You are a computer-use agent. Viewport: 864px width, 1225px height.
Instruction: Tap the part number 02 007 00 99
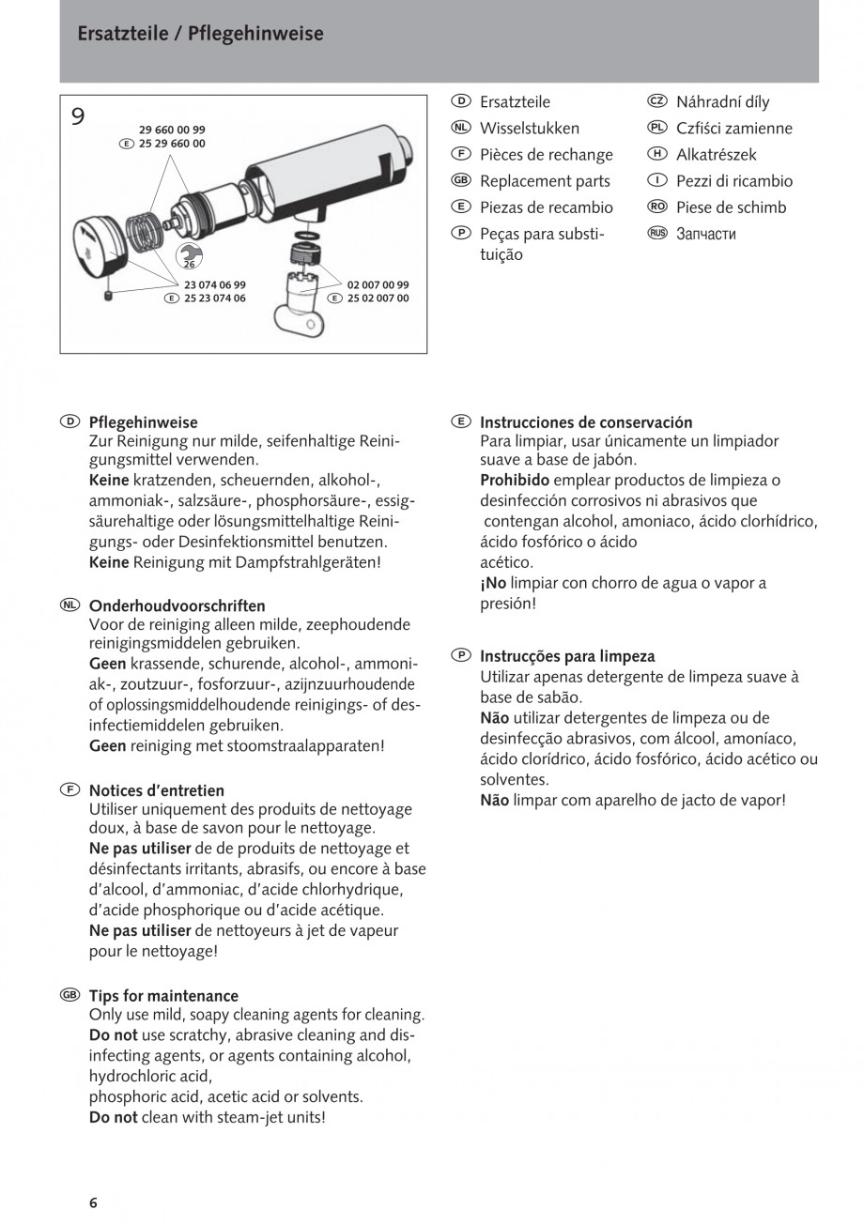[x=378, y=283]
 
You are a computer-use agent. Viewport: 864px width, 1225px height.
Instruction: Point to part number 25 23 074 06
[x=214, y=298]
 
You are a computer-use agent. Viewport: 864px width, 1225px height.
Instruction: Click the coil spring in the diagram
[x=144, y=230]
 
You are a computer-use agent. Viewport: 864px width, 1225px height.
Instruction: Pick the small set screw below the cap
[x=108, y=297]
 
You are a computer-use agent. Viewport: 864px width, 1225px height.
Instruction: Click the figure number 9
[x=78, y=116]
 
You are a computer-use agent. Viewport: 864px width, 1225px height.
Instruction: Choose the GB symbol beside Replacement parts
[x=460, y=180]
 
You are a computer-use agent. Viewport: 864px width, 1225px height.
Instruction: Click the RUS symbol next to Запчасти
[x=656, y=233]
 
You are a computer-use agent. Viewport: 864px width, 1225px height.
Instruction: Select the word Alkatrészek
[x=716, y=155]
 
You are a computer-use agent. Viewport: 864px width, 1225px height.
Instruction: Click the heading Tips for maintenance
[x=163, y=995]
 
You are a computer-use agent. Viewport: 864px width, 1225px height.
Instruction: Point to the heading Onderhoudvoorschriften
[x=177, y=605]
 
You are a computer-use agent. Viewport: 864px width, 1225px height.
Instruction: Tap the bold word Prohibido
[x=515, y=480]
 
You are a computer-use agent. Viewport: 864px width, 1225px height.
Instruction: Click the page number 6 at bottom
[x=93, y=1202]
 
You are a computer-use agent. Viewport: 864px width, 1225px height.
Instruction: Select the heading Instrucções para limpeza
[x=567, y=656]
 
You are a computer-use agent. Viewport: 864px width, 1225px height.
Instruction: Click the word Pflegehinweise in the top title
[x=255, y=34]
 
